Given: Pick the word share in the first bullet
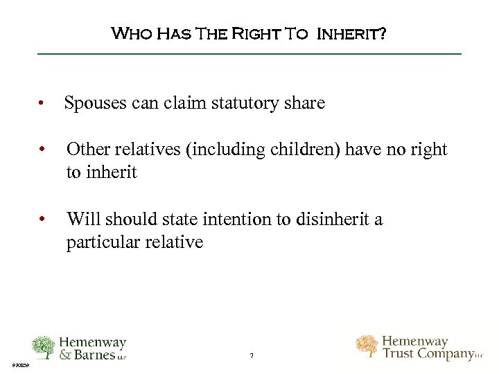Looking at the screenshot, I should point(304,104).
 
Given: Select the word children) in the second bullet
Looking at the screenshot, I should point(295,150).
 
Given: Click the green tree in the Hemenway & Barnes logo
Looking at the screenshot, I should point(44,347).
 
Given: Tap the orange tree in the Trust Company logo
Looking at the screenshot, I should point(367,346).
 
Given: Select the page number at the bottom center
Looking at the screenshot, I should point(252,356).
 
